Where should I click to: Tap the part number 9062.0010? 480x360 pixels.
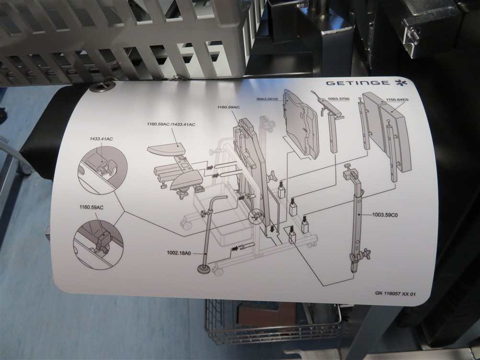(267, 99)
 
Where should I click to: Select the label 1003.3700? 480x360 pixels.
(338, 99)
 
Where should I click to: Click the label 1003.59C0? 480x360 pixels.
(385, 215)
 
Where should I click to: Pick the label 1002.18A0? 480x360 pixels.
(179, 253)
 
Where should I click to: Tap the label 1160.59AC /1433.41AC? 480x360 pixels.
(171, 124)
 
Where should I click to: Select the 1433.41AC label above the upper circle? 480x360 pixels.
(102, 139)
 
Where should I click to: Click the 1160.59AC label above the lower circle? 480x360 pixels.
(91, 207)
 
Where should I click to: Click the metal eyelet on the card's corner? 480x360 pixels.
(98, 87)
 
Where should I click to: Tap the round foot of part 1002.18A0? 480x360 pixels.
(204, 269)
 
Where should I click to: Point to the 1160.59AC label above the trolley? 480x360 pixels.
(229, 107)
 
